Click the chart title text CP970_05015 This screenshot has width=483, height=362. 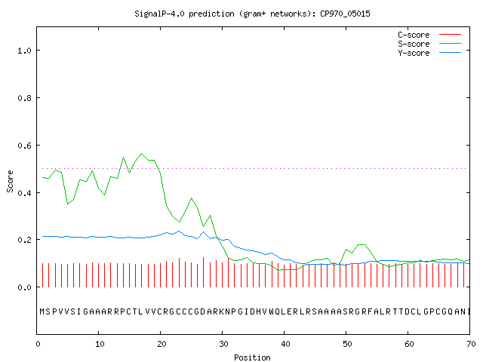click(345, 14)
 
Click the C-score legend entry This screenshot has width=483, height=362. click(414, 35)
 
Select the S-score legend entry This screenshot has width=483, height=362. click(414, 44)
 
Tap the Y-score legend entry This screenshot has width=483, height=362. click(414, 53)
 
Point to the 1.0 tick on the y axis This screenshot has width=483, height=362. click(24, 51)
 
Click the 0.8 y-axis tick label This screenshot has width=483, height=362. click(24, 98)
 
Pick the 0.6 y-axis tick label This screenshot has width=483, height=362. click(24, 146)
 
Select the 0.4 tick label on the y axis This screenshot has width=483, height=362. click(24, 193)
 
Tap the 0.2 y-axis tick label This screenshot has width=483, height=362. click(24, 240)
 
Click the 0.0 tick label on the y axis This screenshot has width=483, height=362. click(24, 287)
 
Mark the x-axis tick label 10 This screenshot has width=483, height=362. click(100, 344)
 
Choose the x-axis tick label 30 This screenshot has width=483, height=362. click(223, 344)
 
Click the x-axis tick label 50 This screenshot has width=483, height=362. click(347, 344)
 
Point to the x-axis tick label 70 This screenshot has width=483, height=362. click(471, 344)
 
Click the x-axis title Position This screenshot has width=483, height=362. click(252, 357)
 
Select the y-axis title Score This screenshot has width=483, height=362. click(10, 181)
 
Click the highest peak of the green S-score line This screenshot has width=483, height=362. click(142, 153)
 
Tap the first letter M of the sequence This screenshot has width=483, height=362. click(42, 311)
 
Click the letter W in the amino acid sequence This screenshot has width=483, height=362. click(272, 311)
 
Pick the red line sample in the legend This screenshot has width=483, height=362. click(450, 35)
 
